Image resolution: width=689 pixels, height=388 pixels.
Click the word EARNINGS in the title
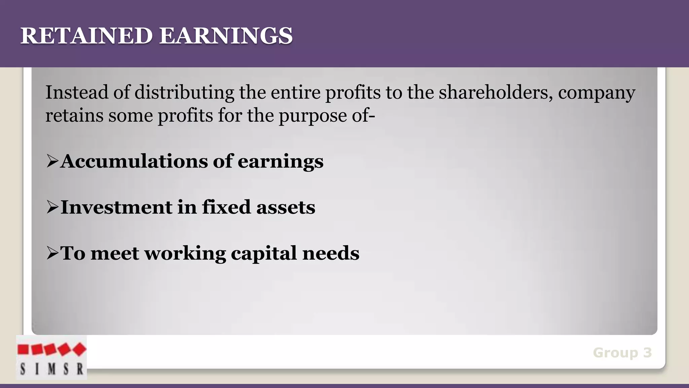[226, 36]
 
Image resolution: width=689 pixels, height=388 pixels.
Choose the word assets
[286, 207]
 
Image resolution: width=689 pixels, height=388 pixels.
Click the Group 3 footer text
[622, 353]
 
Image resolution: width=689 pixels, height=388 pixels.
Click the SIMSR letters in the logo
[51, 369]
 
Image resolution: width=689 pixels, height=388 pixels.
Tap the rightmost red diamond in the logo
[79, 349]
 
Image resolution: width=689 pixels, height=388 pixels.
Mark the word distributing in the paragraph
[184, 93]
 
